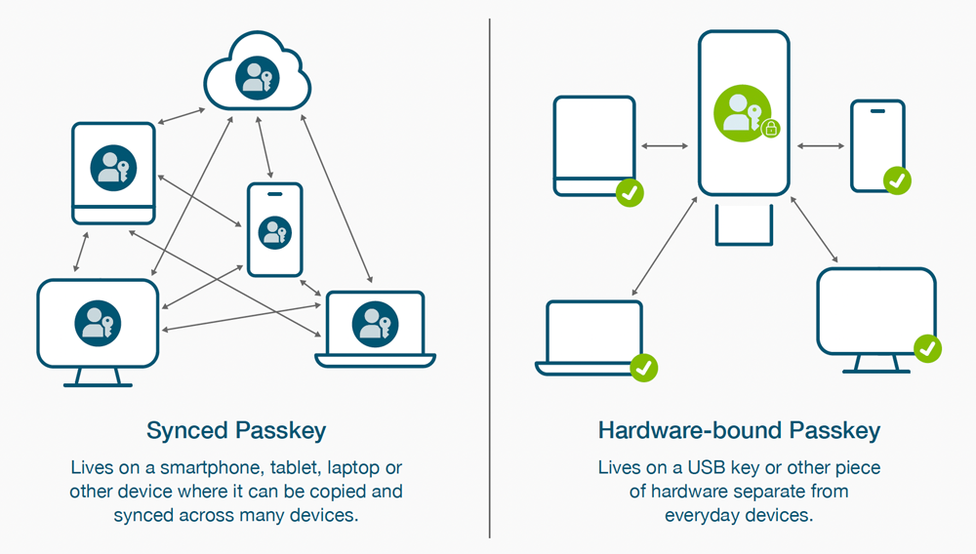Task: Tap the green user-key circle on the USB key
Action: click(x=742, y=113)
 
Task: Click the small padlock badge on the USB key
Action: click(x=771, y=129)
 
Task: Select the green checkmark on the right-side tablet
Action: click(x=630, y=193)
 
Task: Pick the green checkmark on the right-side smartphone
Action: click(x=897, y=180)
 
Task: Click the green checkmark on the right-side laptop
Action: click(x=643, y=368)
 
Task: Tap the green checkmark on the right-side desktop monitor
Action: click(x=927, y=348)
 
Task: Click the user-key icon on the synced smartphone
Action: click(x=274, y=232)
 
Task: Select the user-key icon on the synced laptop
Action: click(x=375, y=324)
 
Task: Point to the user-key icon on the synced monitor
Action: click(x=98, y=323)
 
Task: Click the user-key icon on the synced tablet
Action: click(x=113, y=168)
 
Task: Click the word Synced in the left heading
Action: click(x=187, y=431)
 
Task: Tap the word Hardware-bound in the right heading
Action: click(x=690, y=430)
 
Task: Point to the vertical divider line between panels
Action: click(x=490, y=278)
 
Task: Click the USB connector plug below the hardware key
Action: click(x=744, y=225)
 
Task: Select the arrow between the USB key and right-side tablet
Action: click(x=665, y=146)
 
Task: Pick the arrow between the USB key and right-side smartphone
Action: click(x=821, y=146)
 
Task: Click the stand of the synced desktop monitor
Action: click(x=98, y=378)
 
